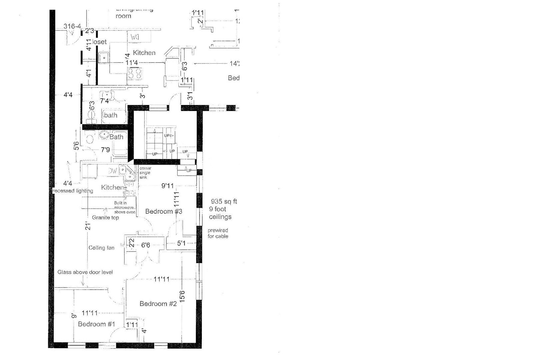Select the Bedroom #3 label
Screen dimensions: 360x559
[164, 211]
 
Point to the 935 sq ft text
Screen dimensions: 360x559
[224, 202]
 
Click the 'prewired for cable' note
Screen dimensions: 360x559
[218, 233]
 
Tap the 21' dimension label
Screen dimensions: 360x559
[87, 227]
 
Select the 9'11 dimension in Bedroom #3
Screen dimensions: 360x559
[168, 186]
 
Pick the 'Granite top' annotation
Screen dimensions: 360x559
[105, 218]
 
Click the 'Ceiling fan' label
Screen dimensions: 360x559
[101, 248]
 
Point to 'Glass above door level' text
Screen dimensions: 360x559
[85, 272]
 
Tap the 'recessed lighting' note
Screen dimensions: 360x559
[73, 191]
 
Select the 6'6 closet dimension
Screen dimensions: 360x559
[146, 245]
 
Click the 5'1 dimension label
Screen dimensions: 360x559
[181, 244]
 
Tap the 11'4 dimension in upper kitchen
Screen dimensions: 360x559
[132, 63]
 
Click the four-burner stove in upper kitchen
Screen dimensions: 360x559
[135, 73]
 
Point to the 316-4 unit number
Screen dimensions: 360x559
[72, 26]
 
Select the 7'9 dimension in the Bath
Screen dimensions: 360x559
[105, 150]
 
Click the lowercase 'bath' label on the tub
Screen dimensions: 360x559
[110, 115]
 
